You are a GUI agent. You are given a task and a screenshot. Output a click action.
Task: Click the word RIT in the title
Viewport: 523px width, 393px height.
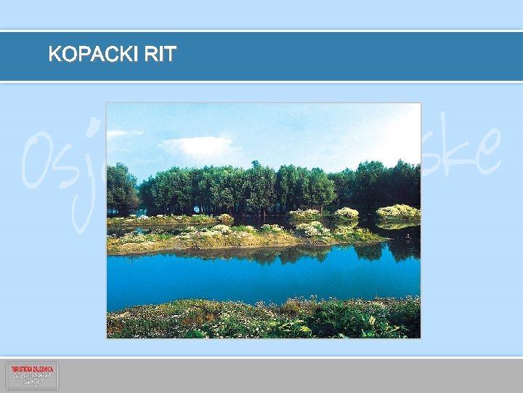click(160, 55)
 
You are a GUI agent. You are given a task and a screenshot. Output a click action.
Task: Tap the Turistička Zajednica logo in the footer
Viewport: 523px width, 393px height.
click(32, 376)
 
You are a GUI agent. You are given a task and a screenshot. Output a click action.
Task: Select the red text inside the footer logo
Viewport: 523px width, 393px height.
click(32, 369)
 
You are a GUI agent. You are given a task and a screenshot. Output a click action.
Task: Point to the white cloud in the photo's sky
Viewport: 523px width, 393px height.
click(196, 147)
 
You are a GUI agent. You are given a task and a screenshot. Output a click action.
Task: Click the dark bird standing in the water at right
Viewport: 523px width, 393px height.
click(412, 237)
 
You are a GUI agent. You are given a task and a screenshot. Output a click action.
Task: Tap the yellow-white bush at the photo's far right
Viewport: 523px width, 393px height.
click(398, 212)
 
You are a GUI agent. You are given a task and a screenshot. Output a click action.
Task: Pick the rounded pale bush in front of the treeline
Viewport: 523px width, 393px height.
click(346, 213)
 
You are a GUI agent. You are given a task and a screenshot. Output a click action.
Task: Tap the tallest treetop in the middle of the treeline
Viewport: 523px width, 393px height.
click(255, 167)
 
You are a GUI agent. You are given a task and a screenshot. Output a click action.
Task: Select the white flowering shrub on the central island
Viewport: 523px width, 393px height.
click(312, 229)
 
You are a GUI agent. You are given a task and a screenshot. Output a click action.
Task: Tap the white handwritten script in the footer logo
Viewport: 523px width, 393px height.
click(32, 379)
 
